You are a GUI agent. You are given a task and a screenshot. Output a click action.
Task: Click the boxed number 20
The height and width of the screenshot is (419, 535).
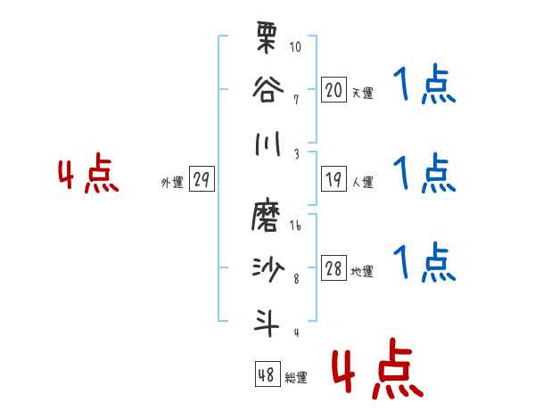pyautogui.click(x=333, y=89)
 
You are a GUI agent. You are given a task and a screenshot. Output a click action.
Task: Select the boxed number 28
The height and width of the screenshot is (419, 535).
pyautogui.click(x=333, y=269)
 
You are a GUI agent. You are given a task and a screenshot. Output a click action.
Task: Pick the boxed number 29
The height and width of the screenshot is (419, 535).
pyautogui.click(x=202, y=180)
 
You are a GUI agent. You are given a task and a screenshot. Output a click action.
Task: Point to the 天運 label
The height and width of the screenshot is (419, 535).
pyautogui.click(x=363, y=93)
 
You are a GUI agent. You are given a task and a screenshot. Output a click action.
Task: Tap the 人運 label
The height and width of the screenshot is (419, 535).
pyautogui.click(x=363, y=183)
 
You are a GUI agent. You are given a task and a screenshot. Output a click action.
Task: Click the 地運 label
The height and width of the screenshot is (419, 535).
pyautogui.click(x=363, y=272)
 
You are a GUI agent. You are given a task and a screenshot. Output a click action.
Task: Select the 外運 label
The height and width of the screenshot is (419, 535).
pyautogui.click(x=171, y=183)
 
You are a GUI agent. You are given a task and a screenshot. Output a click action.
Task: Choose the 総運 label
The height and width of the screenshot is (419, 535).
pyautogui.click(x=297, y=378)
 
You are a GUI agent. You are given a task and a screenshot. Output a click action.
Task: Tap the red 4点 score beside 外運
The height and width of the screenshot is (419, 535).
pyautogui.click(x=88, y=176)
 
